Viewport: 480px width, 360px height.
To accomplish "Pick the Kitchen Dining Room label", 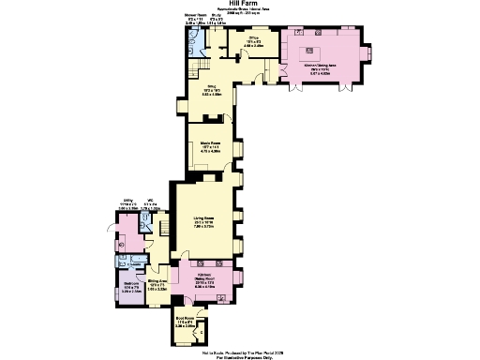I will point(206,278).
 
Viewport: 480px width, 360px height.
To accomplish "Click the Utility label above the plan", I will point(128,201).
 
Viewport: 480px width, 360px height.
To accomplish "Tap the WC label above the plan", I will point(151,201).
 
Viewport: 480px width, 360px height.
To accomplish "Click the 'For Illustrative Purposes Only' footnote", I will point(240,356).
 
